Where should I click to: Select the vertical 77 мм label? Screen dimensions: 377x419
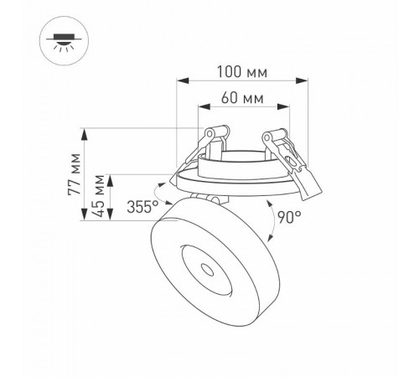point(76,174)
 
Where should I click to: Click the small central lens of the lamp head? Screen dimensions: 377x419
point(206,268)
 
